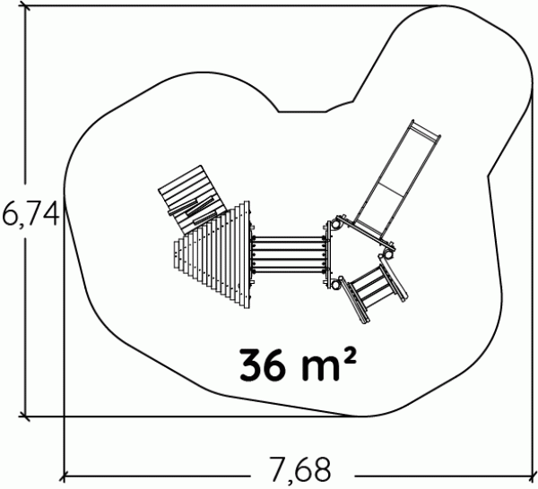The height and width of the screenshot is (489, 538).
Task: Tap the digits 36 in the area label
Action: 263,365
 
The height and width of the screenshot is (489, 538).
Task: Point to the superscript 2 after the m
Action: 349,357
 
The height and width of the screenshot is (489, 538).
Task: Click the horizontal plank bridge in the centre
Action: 289,254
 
